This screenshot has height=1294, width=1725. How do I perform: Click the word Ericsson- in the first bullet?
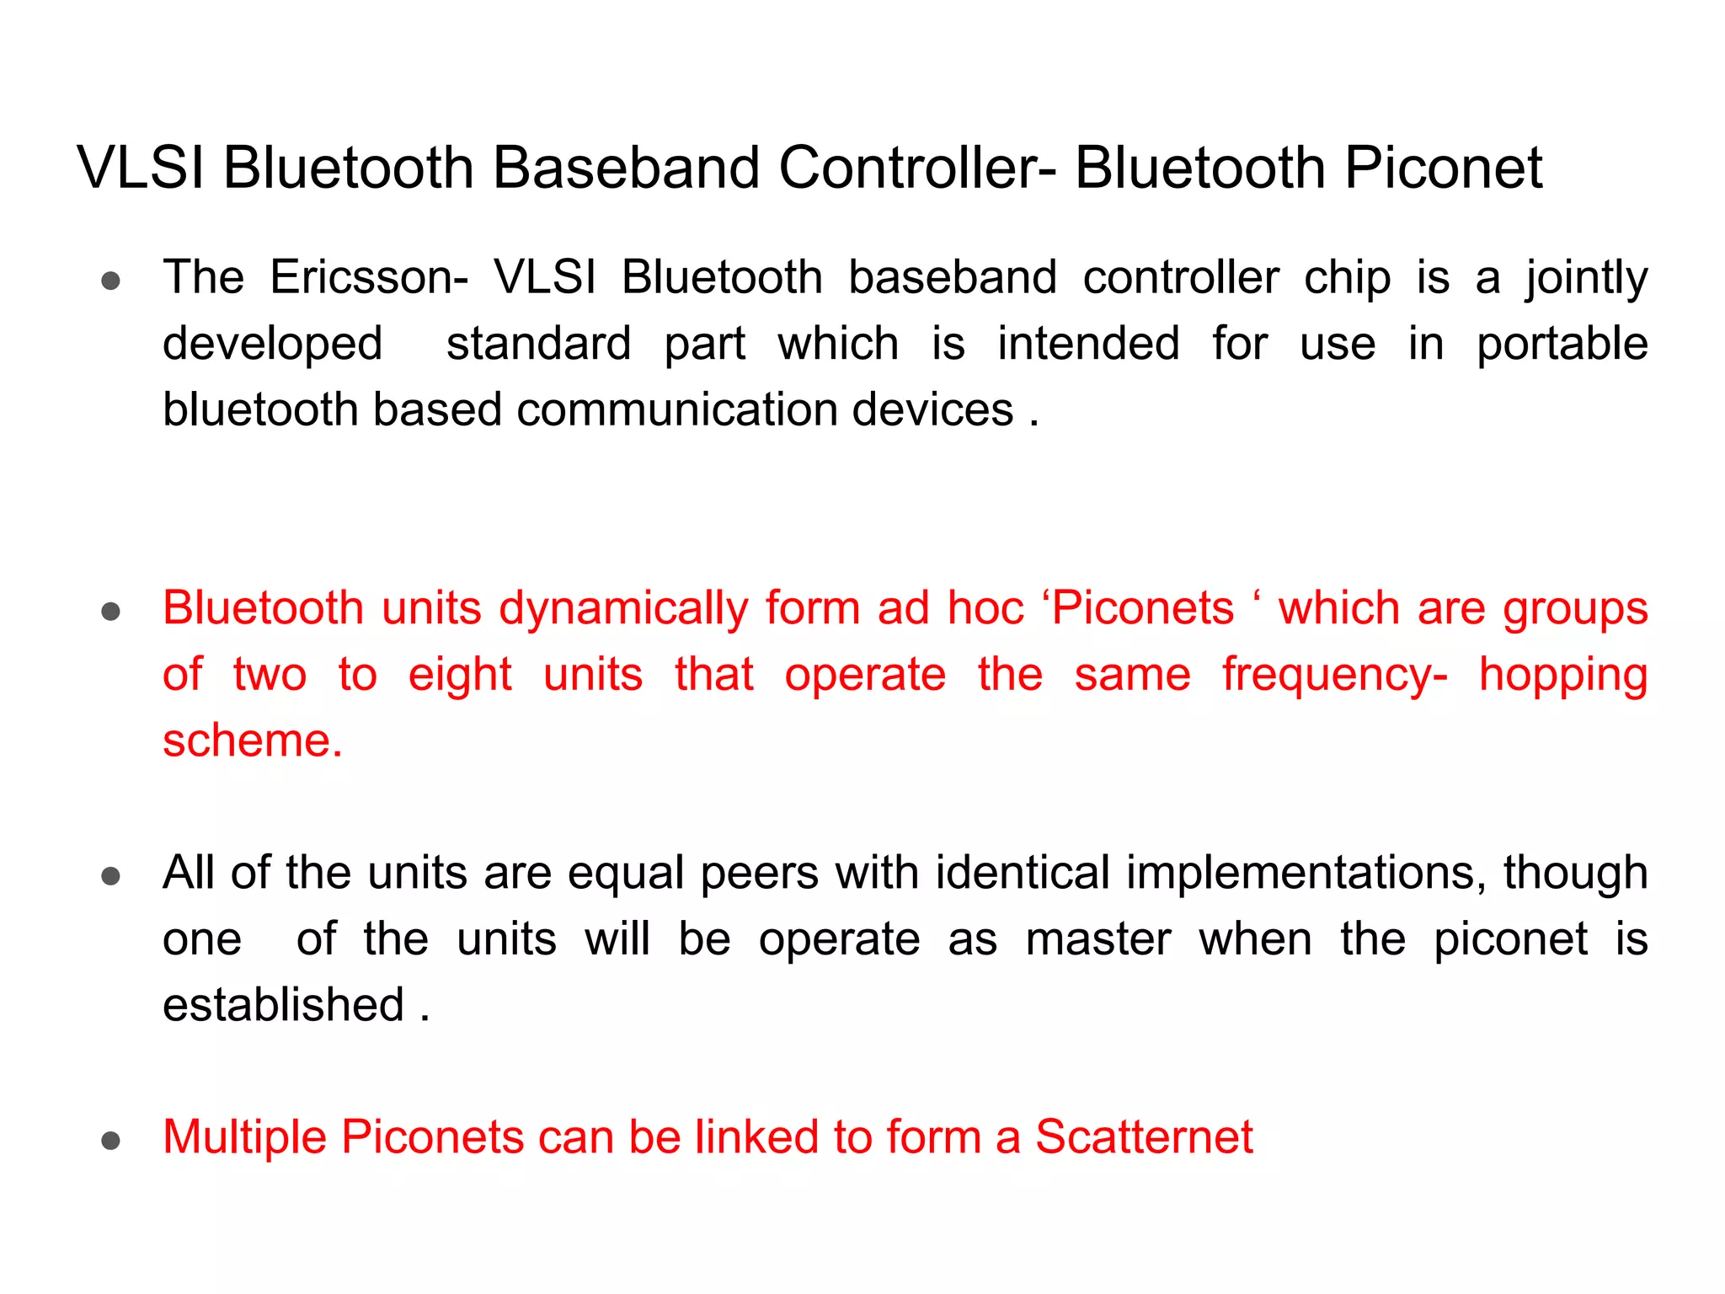coord(369,278)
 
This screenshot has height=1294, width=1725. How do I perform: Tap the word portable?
coord(1562,345)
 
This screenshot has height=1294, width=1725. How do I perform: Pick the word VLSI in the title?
coord(141,168)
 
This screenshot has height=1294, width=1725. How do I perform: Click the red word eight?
coord(460,676)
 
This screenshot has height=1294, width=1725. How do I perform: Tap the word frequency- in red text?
coord(1335,676)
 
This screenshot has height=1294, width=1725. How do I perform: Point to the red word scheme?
coord(252,741)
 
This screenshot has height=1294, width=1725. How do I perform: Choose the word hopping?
coord(1563,676)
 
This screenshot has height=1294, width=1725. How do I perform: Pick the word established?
coord(283,1005)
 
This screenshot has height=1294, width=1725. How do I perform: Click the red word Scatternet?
coord(1144,1137)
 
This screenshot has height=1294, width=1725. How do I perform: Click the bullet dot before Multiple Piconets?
coord(110,1141)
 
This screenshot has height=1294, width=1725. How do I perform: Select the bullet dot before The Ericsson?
coord(110,281)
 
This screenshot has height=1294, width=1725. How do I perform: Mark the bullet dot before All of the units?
coord(110,876)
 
